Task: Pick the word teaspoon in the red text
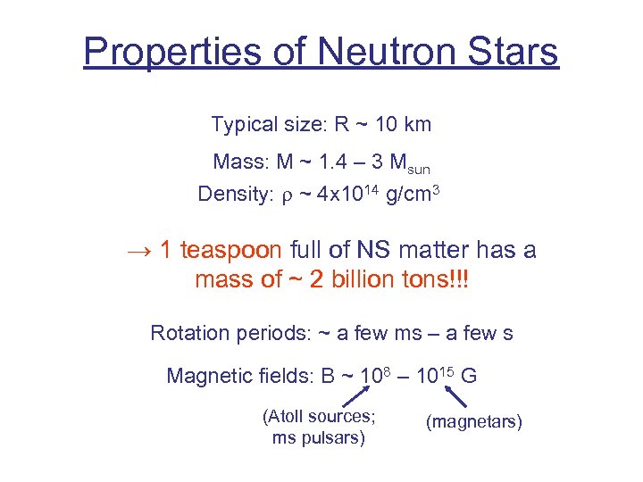pos(231,251)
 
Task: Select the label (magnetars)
pos(474,421)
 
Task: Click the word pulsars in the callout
pos(336,438)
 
